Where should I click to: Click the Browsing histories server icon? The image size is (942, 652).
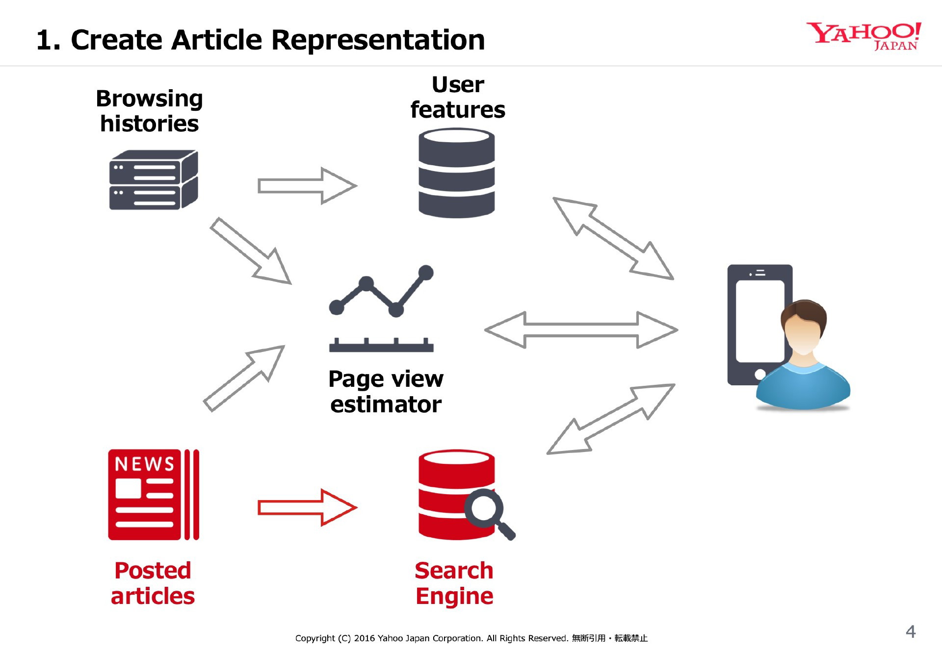[154, 180]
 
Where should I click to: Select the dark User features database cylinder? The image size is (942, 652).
[456, 173]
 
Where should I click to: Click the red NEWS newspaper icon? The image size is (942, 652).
[154, 495]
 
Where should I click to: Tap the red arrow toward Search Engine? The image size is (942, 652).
[308, 507]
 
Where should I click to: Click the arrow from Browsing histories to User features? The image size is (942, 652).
[308, 186]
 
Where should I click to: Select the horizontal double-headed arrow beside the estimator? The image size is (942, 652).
[581, 330]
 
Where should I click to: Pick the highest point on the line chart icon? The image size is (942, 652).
[426, 272]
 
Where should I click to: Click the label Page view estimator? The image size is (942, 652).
[386, 392]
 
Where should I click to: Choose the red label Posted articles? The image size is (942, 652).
[153, 583]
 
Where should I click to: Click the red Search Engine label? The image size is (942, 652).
[454, 583]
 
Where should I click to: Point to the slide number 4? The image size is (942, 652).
[911, 631]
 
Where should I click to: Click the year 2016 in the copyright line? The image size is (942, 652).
[365, 638]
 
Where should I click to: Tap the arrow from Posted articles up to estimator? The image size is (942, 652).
[244, 378]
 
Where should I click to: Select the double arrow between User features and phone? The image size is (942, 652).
[613, 238]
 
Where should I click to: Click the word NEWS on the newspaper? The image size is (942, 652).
[144, 464]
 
